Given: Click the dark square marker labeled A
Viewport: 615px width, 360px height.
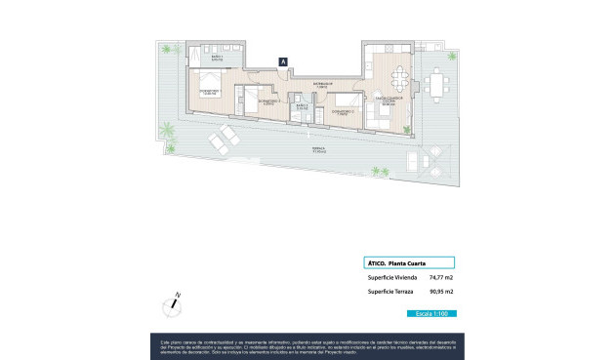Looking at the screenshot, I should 283,61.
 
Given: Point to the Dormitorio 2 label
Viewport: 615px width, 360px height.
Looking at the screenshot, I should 270,100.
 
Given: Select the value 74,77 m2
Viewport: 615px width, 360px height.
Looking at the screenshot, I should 441,277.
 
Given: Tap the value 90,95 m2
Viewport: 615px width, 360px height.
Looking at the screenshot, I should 441,292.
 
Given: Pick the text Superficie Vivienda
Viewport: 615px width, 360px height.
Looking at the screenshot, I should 390,277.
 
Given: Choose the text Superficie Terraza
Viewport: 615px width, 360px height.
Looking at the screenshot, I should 389,292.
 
